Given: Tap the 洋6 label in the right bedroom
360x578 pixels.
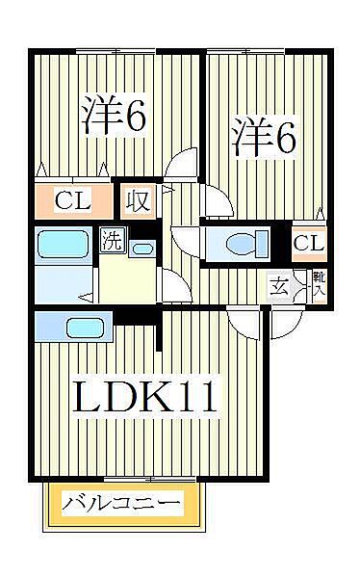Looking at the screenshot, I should coord(263,138).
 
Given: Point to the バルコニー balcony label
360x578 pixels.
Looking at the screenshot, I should coord(122,503).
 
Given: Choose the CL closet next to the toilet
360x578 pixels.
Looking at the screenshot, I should coord(308,243).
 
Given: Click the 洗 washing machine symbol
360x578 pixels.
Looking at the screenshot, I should coord(112,240).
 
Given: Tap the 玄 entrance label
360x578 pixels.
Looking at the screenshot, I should coord(279,285).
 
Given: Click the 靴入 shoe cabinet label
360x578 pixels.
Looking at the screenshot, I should coord(318,282).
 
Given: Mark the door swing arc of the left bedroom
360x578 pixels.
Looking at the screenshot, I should coord(180,165).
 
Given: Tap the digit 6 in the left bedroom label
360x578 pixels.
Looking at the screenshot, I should coord(135,116).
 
